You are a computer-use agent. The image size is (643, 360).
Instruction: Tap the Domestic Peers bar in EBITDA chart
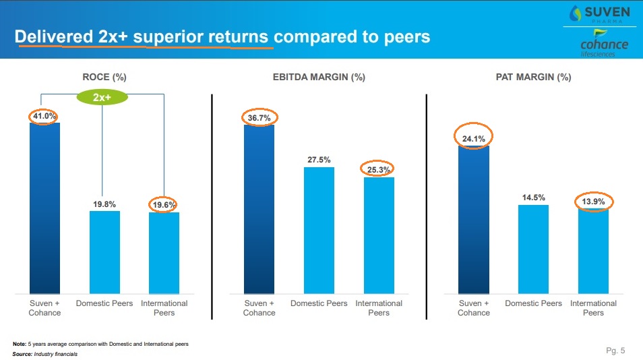(x=319, y=230)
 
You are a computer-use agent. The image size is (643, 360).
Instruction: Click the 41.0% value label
(x=44, y=116)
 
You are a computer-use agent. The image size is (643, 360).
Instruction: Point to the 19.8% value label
(x=104, y=204)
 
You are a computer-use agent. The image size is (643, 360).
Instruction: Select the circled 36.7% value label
(x=259, y=118)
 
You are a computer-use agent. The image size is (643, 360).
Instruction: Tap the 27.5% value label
(x=319, y=160)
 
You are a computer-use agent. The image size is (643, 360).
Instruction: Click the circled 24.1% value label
(x=473, y=140)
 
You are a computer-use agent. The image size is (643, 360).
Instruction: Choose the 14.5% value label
(x=533, y=198)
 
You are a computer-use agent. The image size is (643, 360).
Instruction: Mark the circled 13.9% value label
(x=593, y=201)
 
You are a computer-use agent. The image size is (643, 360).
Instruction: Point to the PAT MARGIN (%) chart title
(x=532, y=78)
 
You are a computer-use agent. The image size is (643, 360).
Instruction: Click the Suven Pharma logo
(x=600, y=16)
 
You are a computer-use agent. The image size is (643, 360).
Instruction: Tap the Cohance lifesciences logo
(x=603, y=47)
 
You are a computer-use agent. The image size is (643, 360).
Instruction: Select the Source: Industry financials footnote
(x=45, y=354)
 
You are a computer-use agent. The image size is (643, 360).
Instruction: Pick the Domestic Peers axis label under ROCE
(x=104, y=303)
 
